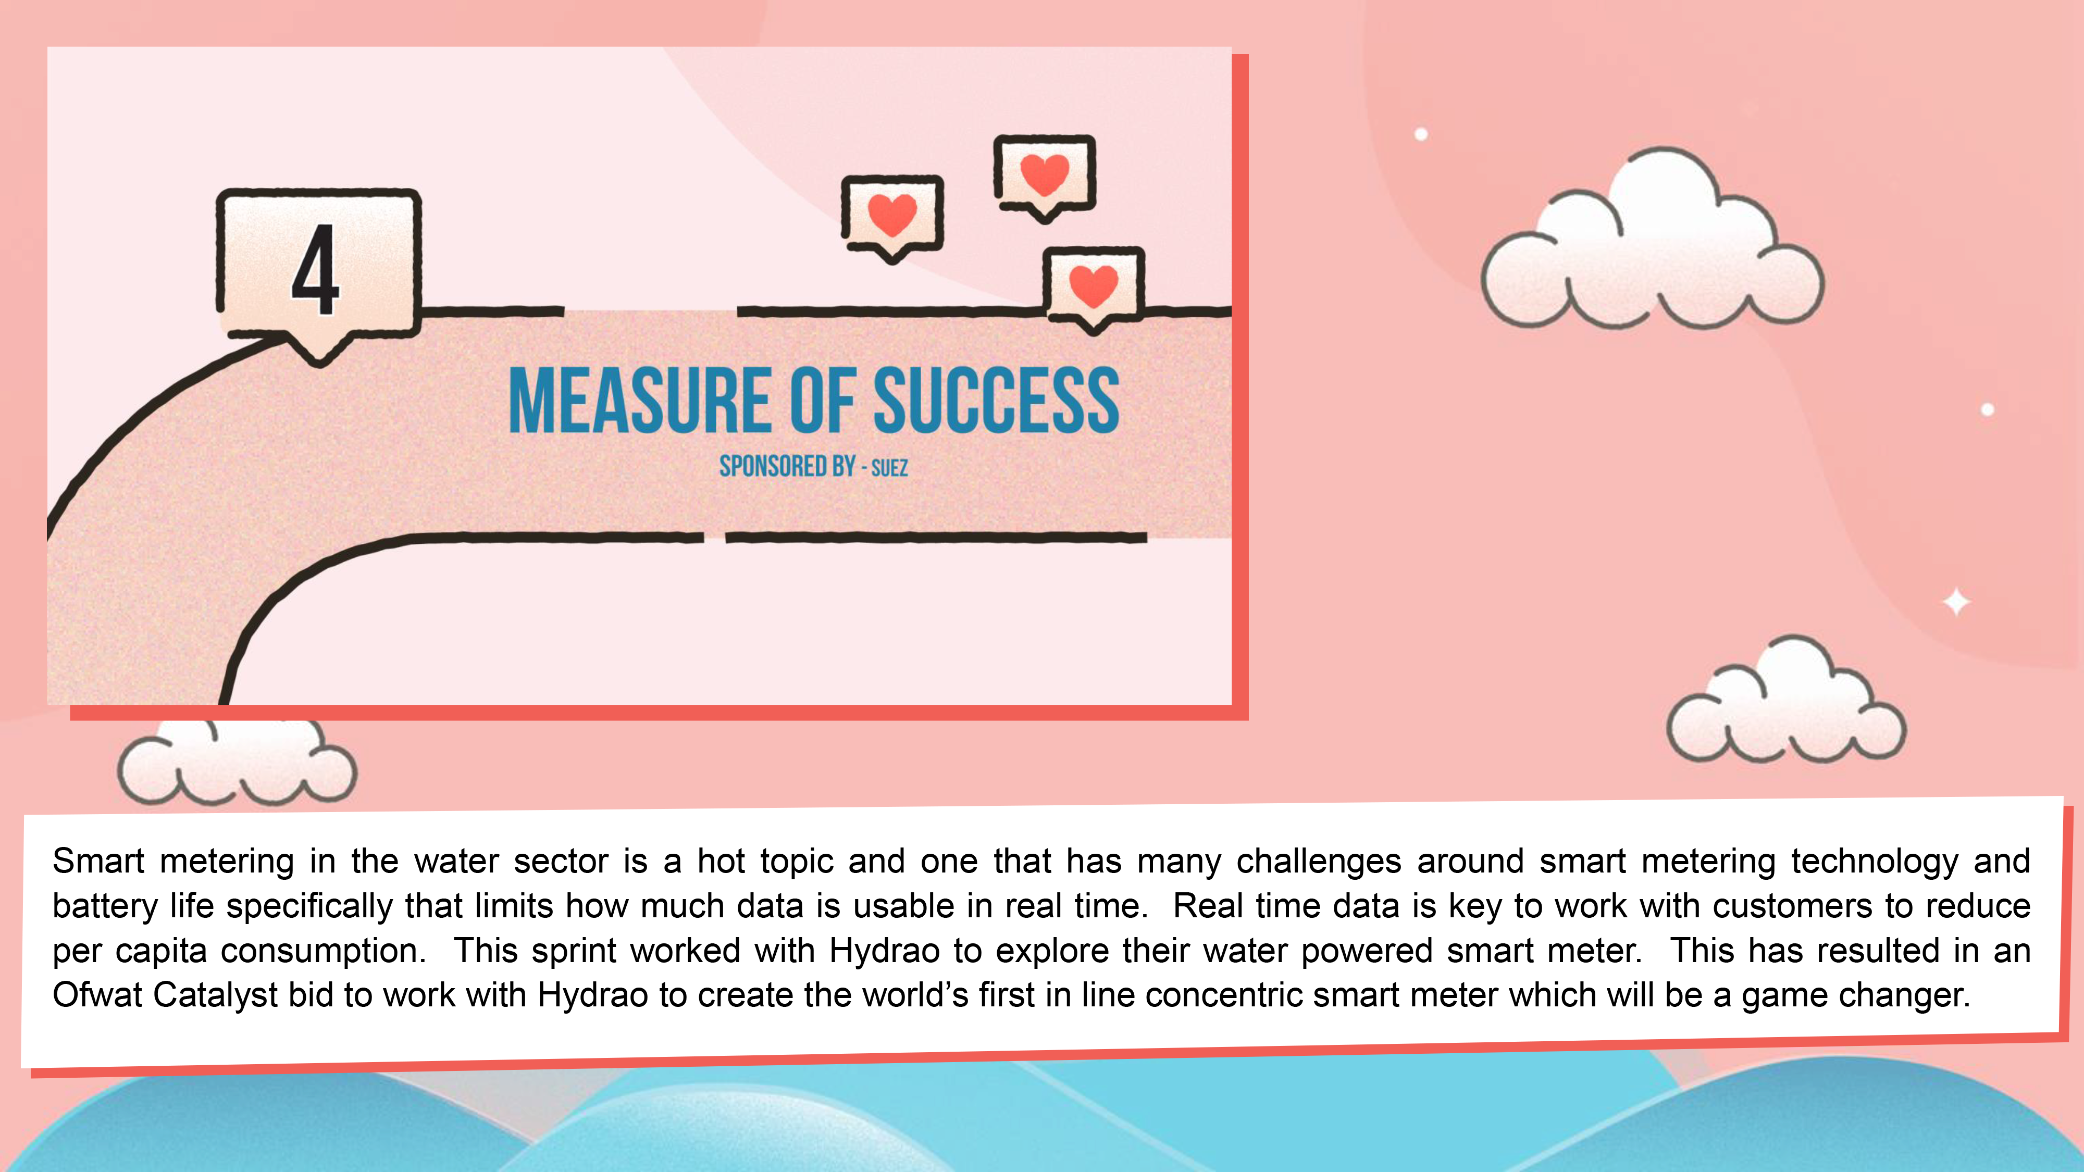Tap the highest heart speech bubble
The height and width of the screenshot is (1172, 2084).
(x=1045, y=178)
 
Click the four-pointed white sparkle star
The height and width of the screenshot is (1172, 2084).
(x=1957, y=602)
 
